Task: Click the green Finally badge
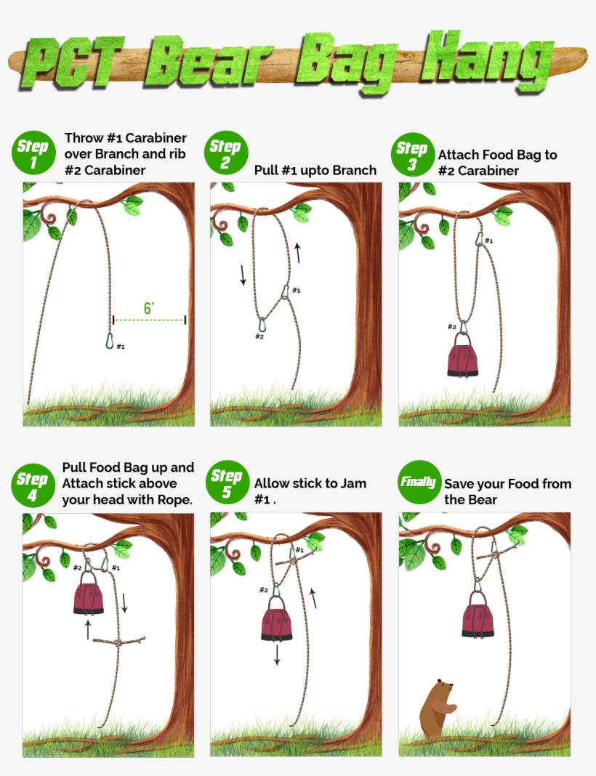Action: pos(418,482)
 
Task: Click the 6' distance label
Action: pos(149,309)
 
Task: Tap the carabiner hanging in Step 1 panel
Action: pos(110,340)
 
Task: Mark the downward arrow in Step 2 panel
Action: pos(243,275)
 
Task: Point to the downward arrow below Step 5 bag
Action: pos(277,655)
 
